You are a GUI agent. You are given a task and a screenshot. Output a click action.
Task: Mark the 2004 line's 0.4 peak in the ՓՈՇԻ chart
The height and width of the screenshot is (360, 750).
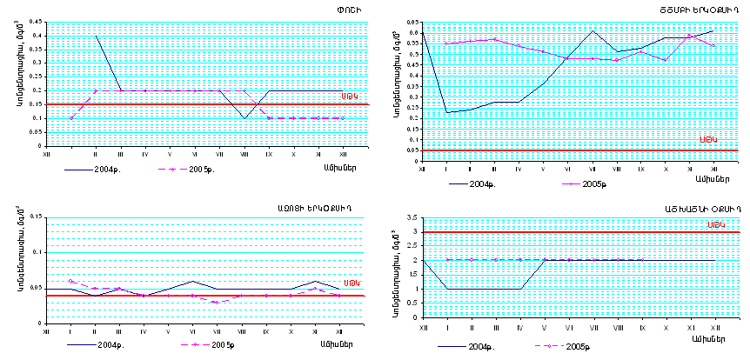click(x=96, y=36)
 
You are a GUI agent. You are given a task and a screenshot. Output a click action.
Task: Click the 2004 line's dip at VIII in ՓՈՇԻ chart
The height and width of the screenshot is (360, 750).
click(x=244, y=117)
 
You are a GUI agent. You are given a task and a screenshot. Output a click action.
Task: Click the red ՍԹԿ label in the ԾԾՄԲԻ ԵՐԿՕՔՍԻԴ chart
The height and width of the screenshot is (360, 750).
click(x=708, y=140)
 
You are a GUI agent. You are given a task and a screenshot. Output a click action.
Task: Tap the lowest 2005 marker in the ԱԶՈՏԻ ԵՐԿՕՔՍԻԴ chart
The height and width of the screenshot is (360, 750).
click(x=218, y=302)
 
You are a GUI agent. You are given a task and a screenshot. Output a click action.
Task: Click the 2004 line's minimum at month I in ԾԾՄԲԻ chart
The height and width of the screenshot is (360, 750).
click(x=446, y=112)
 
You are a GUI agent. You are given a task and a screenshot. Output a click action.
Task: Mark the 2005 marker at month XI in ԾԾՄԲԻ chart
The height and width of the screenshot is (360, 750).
click(x=689, y=36)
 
